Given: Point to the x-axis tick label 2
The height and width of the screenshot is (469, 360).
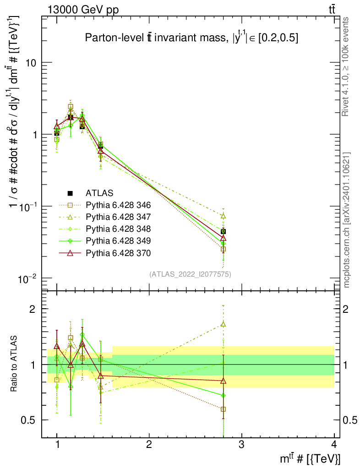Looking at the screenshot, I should point(149,445).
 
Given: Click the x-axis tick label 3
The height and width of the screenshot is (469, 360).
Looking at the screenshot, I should point(241,445).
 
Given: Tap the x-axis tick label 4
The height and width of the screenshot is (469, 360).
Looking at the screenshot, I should point(333,445).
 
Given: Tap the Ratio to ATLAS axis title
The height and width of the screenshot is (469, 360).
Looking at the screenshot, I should point(15,364).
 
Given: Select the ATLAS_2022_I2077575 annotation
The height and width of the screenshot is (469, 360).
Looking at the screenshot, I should point(190,274).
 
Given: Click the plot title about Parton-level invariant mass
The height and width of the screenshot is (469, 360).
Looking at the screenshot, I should point(192,38).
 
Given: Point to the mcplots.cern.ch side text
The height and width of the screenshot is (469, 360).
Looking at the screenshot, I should point(347,220).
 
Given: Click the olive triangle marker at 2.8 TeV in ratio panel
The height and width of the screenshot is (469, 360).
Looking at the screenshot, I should point(223,324).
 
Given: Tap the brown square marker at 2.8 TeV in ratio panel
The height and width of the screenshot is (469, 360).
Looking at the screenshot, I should point(223,409).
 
